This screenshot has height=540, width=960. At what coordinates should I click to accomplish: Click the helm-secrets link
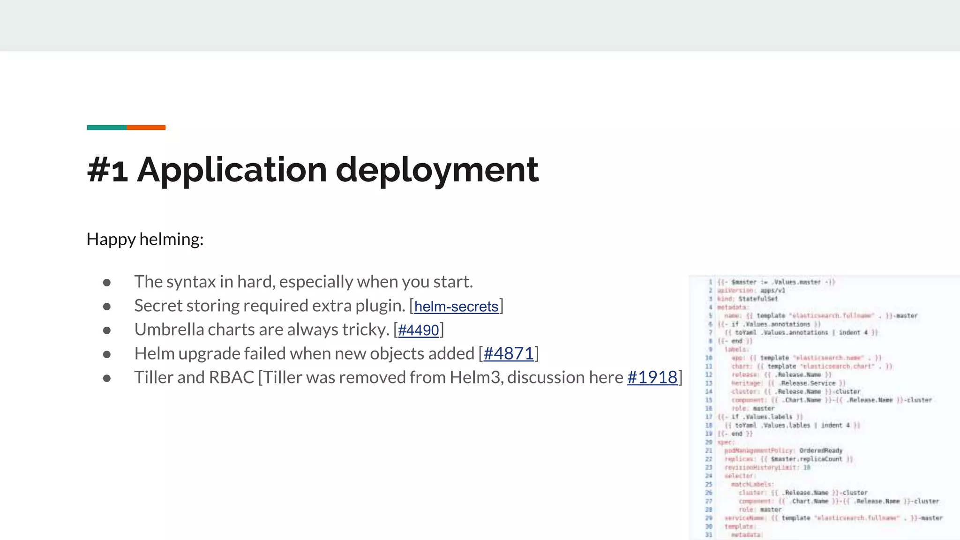click(456, 307)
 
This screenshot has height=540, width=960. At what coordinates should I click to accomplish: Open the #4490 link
click(418, 330)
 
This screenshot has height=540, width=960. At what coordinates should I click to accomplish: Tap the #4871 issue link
click(509, 354)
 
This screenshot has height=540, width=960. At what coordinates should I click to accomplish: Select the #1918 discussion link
click(652, 378)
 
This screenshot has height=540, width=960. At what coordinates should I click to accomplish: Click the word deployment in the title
click(437, 170)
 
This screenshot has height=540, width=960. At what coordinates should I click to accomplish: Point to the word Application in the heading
click(232, 170)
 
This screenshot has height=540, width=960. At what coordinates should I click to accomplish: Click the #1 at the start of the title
click(107, 170)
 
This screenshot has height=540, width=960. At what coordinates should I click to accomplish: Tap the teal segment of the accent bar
click(107, 127)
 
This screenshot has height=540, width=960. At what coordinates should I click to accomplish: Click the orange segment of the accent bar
click(146, 127)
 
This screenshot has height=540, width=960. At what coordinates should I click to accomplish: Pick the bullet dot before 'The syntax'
click(107, 283)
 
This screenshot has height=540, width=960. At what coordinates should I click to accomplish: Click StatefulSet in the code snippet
click(757, 299)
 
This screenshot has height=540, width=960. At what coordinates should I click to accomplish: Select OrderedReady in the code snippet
click(821, 450)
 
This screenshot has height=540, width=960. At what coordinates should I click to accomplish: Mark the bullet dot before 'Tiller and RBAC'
click(107, 378)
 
